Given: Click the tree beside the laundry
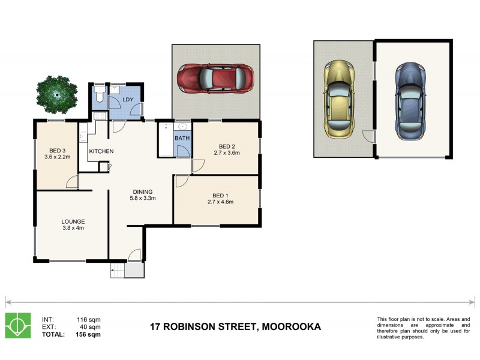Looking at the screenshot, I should point(56,94).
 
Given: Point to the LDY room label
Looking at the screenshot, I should point(128,100).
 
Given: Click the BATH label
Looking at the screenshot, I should point(182,138).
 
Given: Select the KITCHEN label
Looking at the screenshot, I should point(101,151).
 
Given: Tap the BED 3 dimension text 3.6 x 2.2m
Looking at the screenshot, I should point(57,157).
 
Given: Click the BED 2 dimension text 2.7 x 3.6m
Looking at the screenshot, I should point(226,153).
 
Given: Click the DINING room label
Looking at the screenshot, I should point(144,192).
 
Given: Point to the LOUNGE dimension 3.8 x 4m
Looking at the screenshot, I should point(73,228).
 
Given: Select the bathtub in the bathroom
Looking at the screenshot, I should point(166,139).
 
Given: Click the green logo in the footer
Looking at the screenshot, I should point(18,325).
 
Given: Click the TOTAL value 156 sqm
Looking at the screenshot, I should point(89,335).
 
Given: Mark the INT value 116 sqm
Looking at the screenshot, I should point(89,319).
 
